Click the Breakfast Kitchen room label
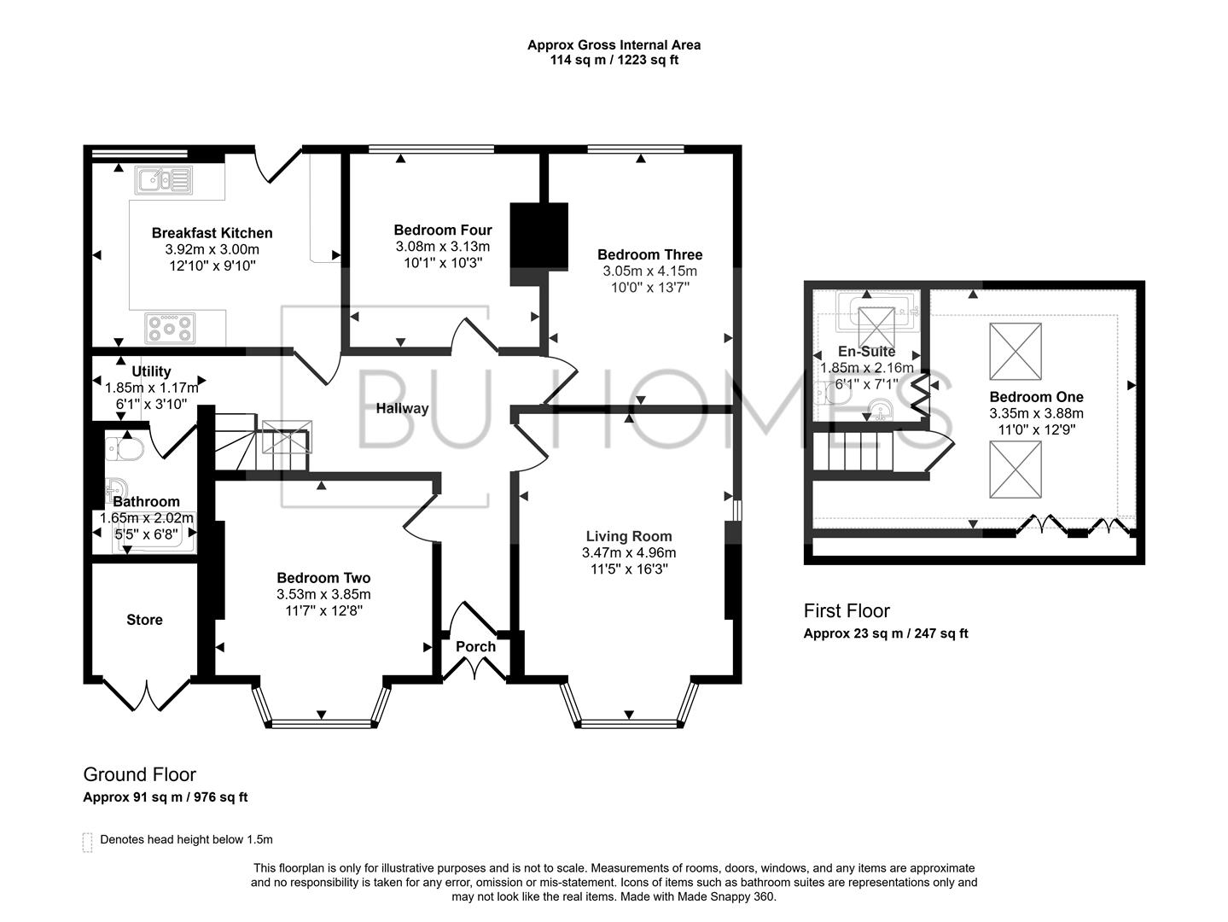(212, 233)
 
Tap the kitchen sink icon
(163, 180)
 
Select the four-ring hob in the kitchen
(170, 328)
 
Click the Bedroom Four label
(442, 230)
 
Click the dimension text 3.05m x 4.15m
(649, 271)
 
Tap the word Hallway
(402, 409)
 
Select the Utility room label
(151, 371)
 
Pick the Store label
(144, 620)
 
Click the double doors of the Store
(147, 695)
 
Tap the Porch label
(475, 647)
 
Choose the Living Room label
(628, 537)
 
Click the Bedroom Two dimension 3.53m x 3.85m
(323, 595)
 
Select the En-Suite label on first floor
(866, 352)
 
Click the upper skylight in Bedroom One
(1015, 351)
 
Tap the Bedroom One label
(1036, 397)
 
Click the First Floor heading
(846, 611)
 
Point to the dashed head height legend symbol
(87, 841)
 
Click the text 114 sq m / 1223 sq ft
(614, 61)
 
